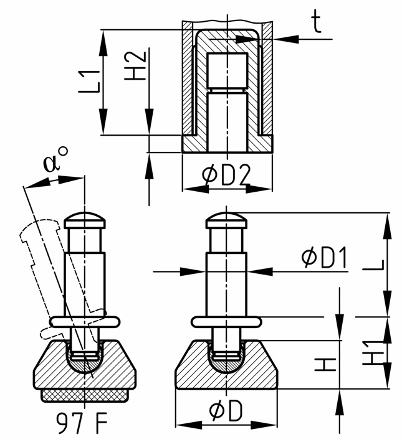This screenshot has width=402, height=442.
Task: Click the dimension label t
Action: coord(316,23)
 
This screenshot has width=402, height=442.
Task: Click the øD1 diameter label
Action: coord(323,257)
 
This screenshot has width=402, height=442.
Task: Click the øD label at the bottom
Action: coord(226,411)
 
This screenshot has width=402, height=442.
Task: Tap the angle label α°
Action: coord(56,162)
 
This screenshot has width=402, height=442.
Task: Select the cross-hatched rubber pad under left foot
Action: coord(85,395)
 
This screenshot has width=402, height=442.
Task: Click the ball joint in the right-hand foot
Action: coord(226,362)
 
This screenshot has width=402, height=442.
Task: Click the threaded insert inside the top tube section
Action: coord(227,72)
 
